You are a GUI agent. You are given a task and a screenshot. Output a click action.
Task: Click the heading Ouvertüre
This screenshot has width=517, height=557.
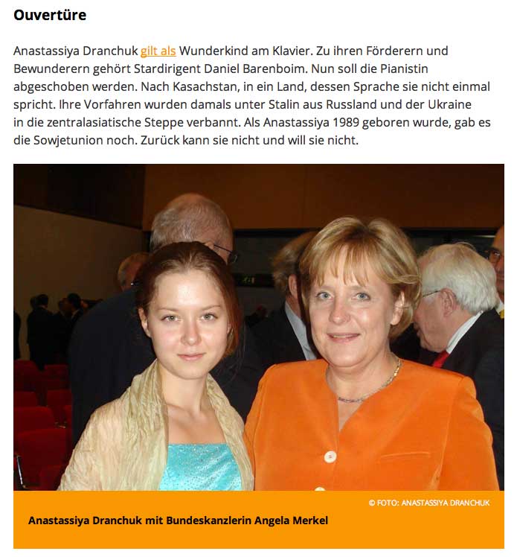tap(50, 15)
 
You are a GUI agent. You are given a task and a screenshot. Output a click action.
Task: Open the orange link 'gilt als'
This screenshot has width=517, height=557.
tap(158, 51)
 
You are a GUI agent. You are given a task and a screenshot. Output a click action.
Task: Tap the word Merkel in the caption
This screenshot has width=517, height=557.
tap(309, 521)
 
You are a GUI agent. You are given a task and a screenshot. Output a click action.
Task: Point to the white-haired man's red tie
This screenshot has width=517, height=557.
tap(440, 359)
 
